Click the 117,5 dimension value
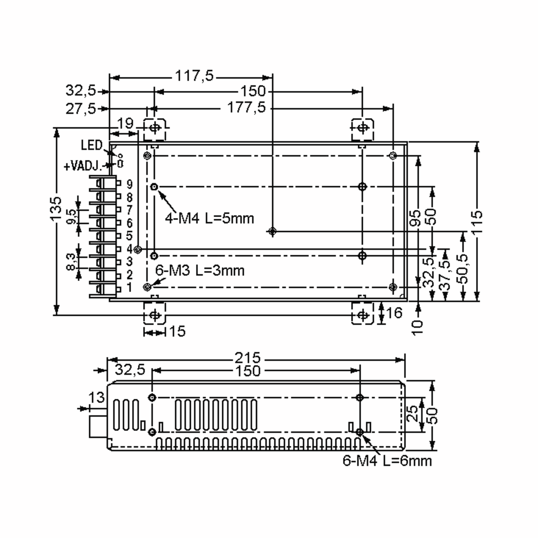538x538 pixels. [194, 76]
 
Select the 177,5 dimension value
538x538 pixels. [246, 108]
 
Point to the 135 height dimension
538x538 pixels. [56, 208]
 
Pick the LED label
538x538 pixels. [92, 145]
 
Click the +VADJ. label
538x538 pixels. [83, 166]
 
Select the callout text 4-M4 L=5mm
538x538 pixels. [209, 219]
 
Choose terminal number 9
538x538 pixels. [130, 184]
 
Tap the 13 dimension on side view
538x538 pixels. [96, 397]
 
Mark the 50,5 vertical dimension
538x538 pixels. [463, 269]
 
